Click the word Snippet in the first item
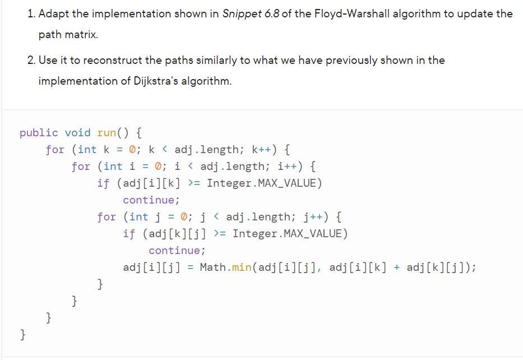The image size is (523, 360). point(241,13)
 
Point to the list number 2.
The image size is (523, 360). point(30,60)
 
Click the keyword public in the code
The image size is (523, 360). point(39,133)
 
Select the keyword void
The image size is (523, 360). point(77,133)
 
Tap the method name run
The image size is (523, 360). point(106,133)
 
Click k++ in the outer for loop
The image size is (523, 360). point(262,150)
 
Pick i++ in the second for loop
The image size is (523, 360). point(289,167)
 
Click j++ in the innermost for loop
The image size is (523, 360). point(314,217)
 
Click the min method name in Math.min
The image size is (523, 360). point(242,267)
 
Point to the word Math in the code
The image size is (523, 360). point(212,267)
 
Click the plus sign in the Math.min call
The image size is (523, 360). point(396,267)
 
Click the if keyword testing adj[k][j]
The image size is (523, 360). point(129,234)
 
